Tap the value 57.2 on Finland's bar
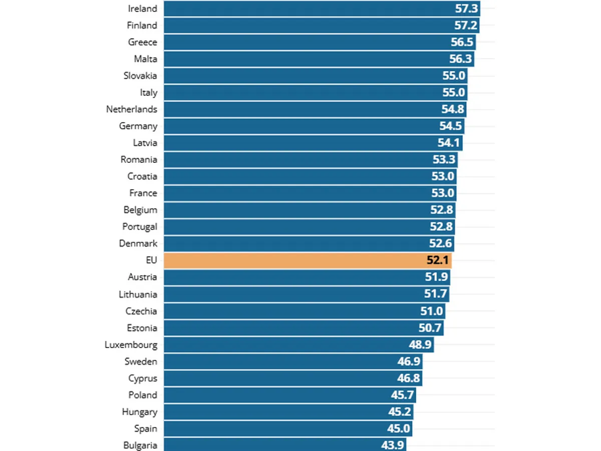point(466,26)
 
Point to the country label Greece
point(143,42)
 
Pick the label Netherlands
point(132,109)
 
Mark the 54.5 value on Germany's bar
point(450,126)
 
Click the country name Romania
point(139,160)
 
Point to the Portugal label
point(140,227)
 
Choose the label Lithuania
point(138,294)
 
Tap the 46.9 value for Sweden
point(409,362)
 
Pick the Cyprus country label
point(143,378)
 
